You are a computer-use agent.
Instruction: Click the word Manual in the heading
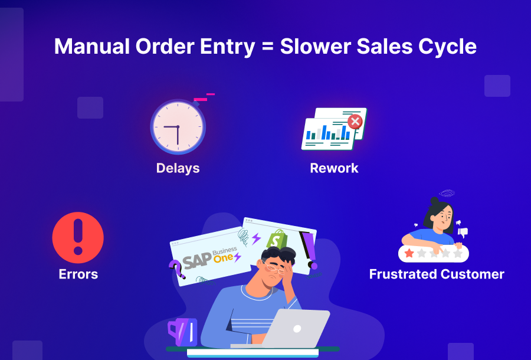(x=92, y=47)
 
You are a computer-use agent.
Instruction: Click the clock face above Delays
(x=178, y=127)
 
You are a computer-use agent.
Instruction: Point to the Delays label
(x=178, y=168)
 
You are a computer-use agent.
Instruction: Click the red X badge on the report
(x=355, y=122)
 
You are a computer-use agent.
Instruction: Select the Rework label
(x=335, y=168)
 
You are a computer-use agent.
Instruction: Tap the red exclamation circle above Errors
(x=78, y=237)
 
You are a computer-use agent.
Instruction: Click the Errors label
(x=78, y=274)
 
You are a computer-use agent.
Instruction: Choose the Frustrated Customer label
(x=437, y=274)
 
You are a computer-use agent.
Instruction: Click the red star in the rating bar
(x=409, y=253)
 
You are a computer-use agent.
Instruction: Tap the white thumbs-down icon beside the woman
(x=463, y=233)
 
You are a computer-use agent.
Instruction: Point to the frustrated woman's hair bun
(x=434, y=201)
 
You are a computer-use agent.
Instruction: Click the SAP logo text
(x=197, y=260)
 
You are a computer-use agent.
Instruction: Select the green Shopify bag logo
(x=277, y=239)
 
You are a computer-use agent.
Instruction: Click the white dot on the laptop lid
(x=297, y=329)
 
